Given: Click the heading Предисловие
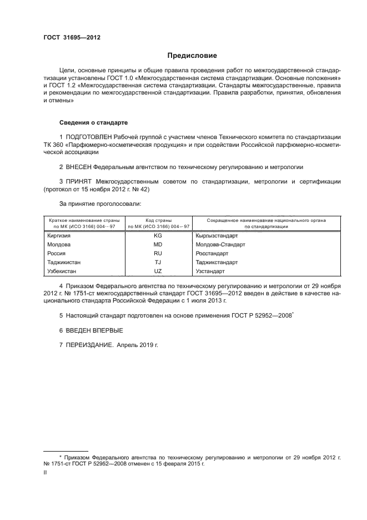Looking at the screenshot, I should (192, 56).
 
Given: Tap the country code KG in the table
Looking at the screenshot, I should (158, 236).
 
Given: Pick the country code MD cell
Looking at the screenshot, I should (158, 245).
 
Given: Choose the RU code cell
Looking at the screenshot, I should (158, 254).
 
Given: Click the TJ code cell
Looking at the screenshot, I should (158, 263).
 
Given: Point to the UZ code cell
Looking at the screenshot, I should (158, 271).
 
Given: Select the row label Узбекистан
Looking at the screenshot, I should (65, 271).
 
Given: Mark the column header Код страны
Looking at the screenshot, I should (158, 221).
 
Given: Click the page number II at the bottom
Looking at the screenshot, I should (46, 472).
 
